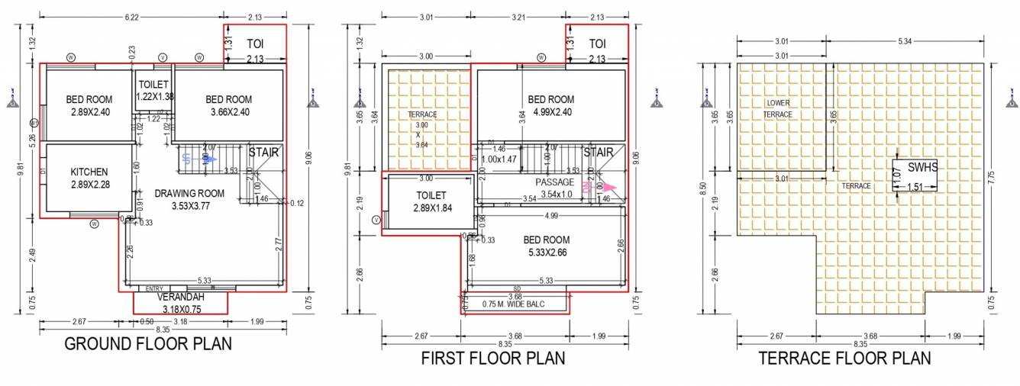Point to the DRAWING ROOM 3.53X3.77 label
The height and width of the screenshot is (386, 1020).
189,200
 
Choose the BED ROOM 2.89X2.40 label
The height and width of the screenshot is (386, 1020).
89,105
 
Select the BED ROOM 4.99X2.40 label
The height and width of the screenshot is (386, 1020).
550,105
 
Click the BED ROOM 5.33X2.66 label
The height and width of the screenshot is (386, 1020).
546,246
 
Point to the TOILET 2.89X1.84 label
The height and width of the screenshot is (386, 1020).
432,201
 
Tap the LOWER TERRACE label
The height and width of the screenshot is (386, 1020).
778,108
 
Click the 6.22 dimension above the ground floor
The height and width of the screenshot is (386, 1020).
131,15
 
